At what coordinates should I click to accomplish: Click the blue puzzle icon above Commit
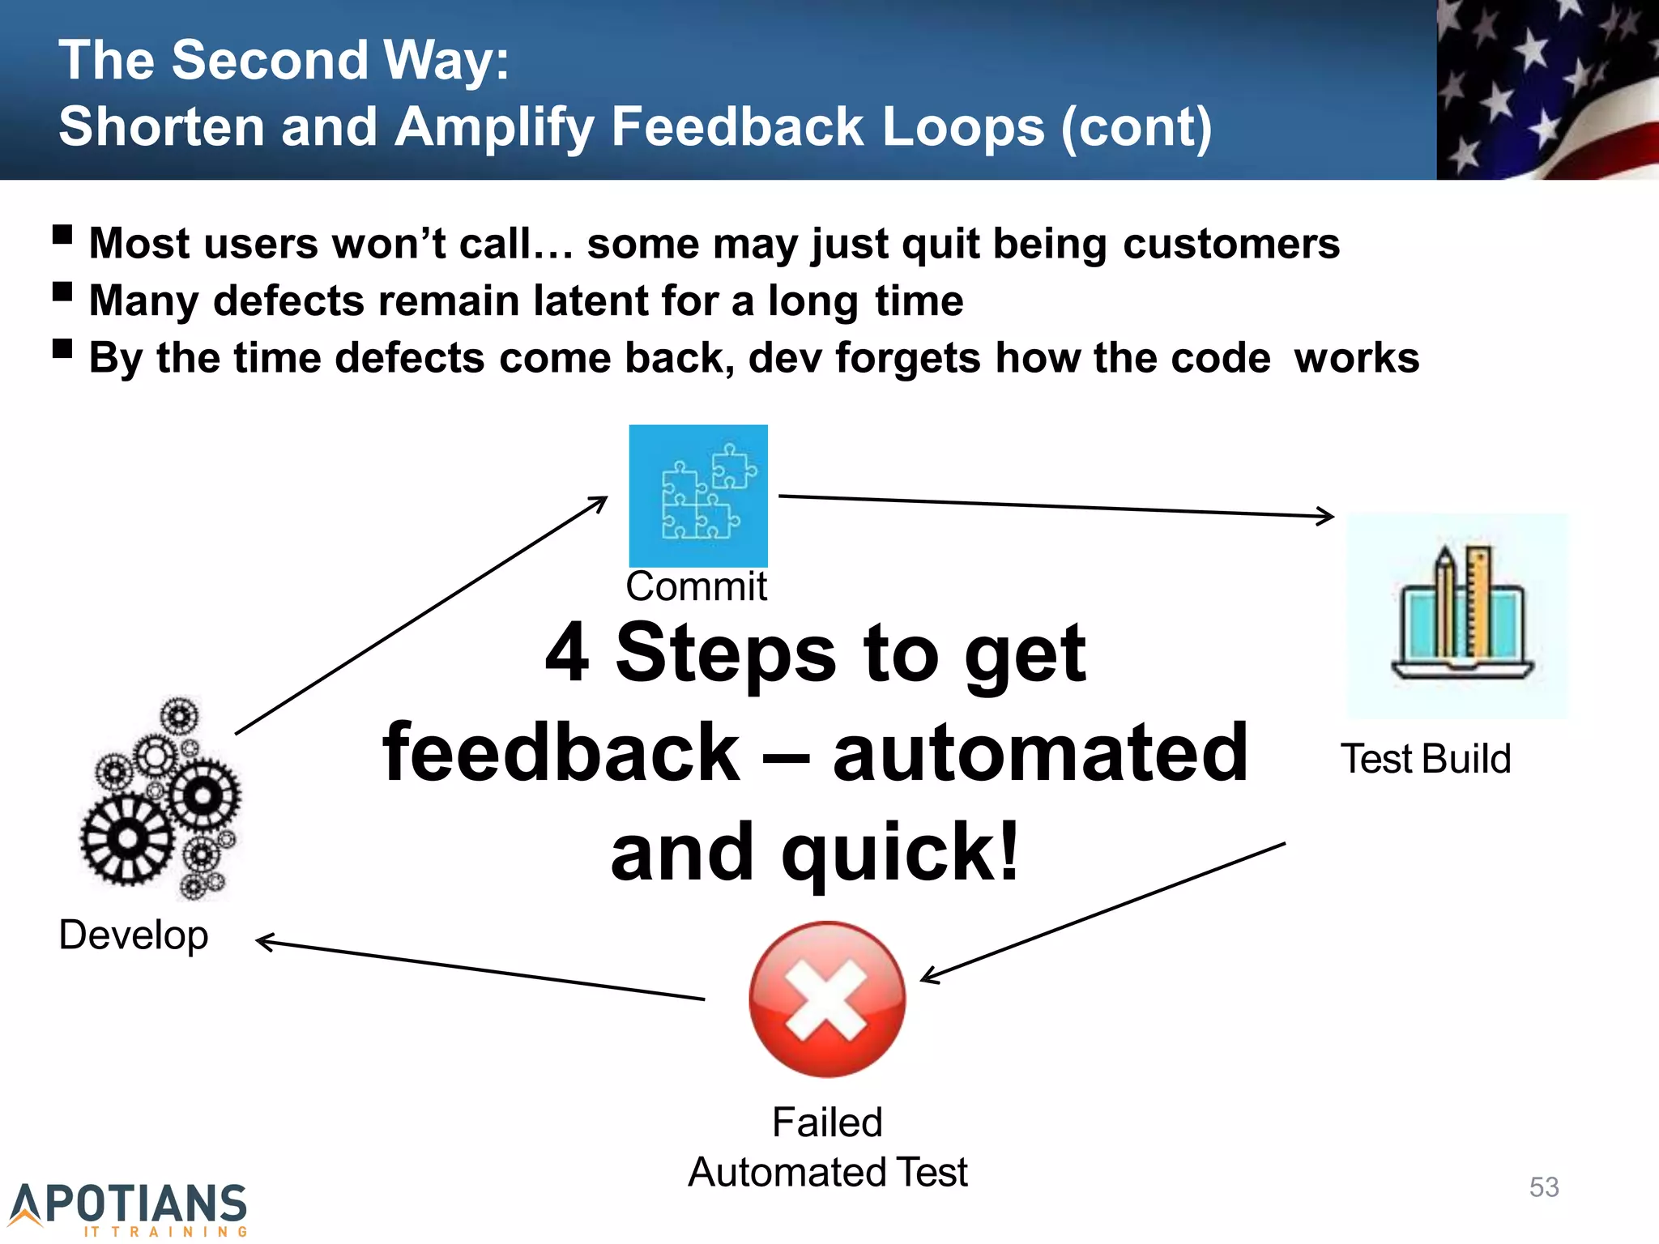(698, 495)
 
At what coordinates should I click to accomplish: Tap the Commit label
(696, 586)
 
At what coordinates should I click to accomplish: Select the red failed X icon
(827, 999)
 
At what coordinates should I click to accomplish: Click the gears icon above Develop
(160, 799)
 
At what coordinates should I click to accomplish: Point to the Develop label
(134, 935)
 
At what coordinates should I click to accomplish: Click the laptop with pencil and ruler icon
(1457, 616)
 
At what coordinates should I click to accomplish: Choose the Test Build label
(1426, 760)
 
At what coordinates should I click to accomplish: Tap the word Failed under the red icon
(827, 1123)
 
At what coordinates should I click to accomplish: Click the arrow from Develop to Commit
(421, 616)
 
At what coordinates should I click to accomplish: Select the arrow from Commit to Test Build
(1053, 505)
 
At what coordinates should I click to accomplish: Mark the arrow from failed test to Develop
(478, 969)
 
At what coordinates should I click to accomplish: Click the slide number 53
(1544, 1187)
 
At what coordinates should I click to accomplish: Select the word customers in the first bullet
(1231, 244)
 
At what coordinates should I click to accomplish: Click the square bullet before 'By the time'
(62, 349)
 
